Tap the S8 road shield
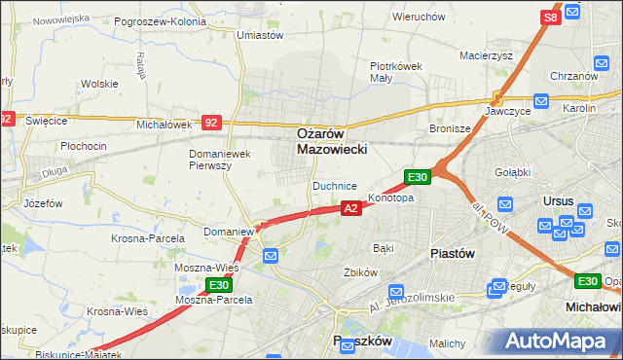click(x=550, y=18)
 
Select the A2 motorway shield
click(x=352, y=208)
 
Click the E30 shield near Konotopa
click(x=417, y=177)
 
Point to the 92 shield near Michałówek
click(x=211, y=123)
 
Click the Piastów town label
click(x=452, y=252)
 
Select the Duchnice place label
click(x=334, y=185)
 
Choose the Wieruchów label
click(x=419, y=17)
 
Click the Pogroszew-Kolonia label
click(x=160, y=20)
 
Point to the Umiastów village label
click(x=260, y=34)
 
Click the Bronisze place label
click(x=450, y=128)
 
